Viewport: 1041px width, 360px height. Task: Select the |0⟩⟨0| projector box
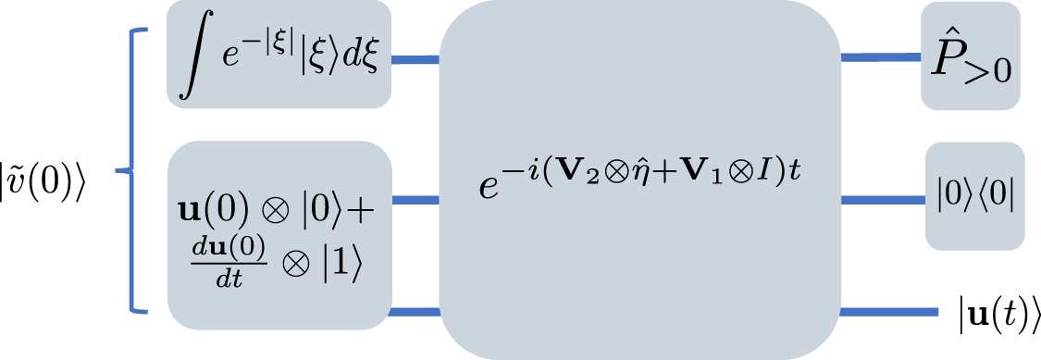click(974, 196)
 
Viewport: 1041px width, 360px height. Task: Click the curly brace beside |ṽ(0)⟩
click(132, 171)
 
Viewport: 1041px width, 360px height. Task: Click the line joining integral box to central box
click(415, 61)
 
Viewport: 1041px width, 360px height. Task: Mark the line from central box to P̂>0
click(880, 57)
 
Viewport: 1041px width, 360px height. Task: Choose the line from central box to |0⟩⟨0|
click(884, 197)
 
